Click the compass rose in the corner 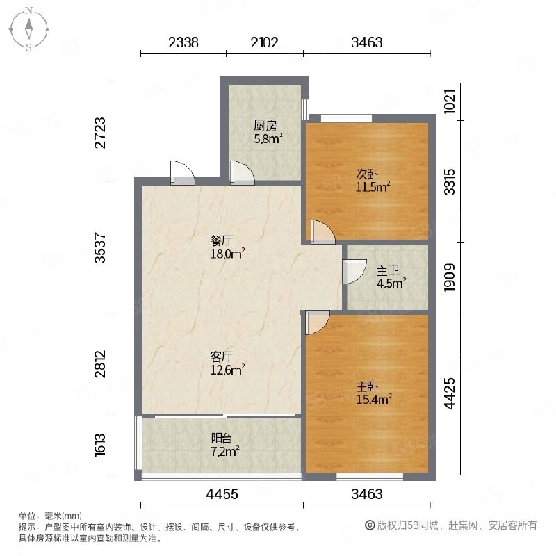tap(28, 29)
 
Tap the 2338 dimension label tap(183, 42)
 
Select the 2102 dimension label tap(265, 42)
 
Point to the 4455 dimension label tap(222, 493)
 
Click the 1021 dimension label tap(449, 101)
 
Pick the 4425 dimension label tap(449, 393)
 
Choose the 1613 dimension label tap(100, 445)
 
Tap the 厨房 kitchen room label tap(265, 125)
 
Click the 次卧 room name tap(367, 174)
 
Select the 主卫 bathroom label tap(388, 271)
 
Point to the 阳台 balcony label tap(221, 439)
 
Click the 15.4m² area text tap(374, 399)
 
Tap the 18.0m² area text tap(228, 254)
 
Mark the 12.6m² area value tap(228, 370)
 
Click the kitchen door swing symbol tap(242, 172)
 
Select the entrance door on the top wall tap(182, 172)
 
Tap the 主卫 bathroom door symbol tap(354, 272)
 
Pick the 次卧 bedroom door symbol tap(322, 232)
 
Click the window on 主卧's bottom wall tap(370, 477)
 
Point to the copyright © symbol tap(370, 525)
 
